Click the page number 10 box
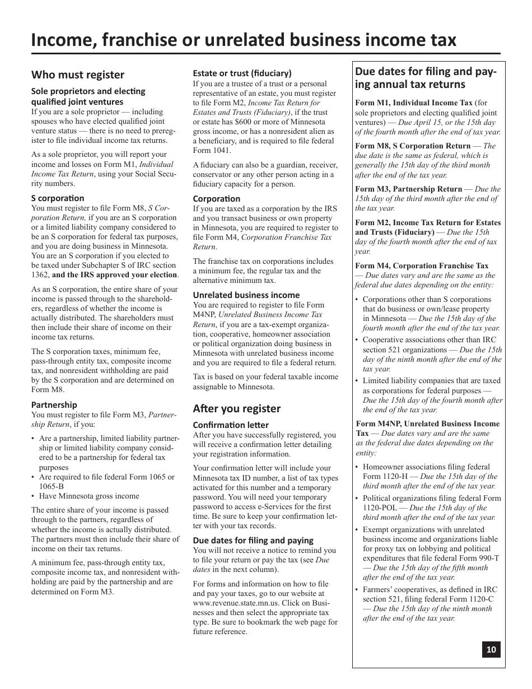pos(491,650)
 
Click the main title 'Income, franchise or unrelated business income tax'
pos(244,40)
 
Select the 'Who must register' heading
pos(78,75)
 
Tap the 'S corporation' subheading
pos(58,198)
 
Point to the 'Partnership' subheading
pos(54,404)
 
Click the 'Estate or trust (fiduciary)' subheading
pos(242,73)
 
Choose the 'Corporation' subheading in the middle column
pos(216,199)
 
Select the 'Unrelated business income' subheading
pos(246,295)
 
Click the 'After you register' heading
pos(237,408)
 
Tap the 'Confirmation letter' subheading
pos(231,425)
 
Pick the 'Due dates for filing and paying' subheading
pos(253,541)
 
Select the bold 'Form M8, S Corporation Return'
pos(413,146)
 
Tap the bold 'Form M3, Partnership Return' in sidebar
pos(409,189)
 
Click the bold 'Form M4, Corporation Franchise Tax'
pos(422,266)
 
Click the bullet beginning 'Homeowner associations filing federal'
pos(426,467)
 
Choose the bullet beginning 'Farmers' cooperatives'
pos(430,589)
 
